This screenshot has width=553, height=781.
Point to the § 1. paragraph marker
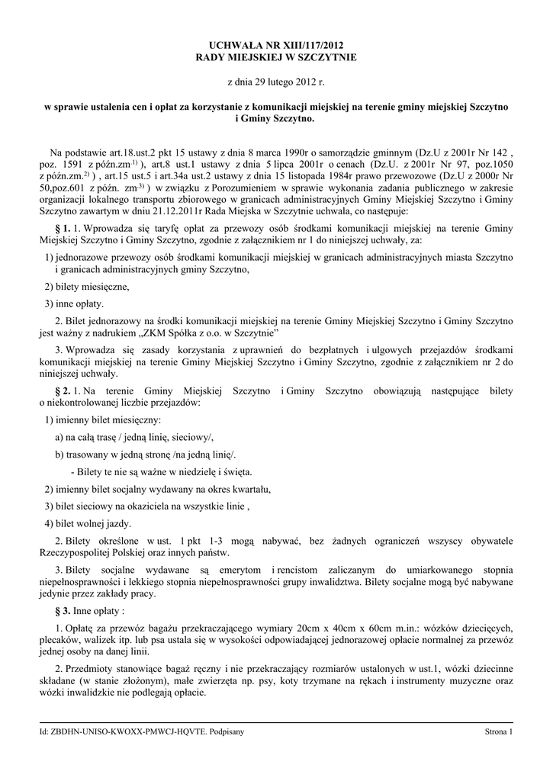(x=63, y=227)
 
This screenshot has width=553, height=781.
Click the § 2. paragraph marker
(x=63, y=390)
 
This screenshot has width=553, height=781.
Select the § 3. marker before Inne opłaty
(x=63, y=611)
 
